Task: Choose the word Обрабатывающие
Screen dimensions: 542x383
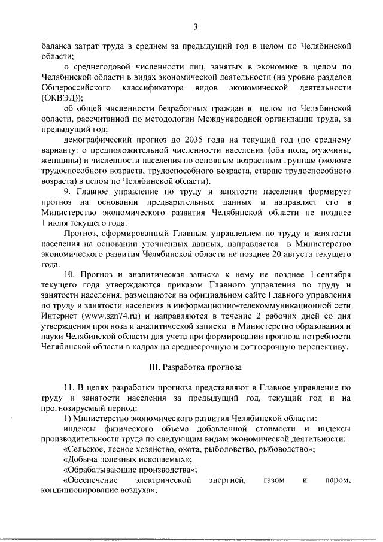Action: [x=99, y=470]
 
